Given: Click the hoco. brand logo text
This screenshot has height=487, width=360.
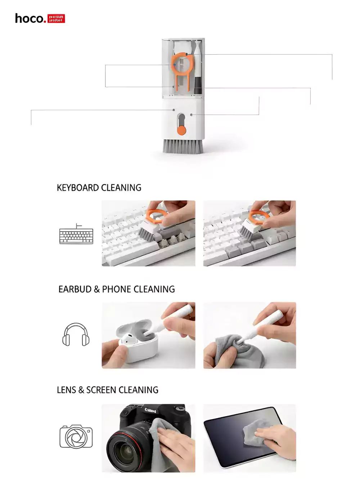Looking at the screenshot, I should point(30,18).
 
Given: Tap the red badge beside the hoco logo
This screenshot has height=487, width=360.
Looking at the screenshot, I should point(56,19).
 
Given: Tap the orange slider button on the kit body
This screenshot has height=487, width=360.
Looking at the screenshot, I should point(181,130).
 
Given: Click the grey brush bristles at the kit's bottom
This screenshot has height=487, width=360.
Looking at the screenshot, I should point(183,146).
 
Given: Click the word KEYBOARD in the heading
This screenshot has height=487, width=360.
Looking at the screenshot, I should point(78,188).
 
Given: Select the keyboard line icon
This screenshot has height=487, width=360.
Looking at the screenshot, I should point(76,234).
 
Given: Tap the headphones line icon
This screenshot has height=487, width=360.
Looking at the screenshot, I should point(76,335).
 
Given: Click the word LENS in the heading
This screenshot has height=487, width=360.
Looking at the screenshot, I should point(66,390).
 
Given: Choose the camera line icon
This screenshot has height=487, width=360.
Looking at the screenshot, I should point(76,437).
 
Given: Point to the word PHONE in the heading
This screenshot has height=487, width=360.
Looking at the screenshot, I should point(116,289).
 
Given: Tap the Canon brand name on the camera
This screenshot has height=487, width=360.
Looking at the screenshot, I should point(150,410).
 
